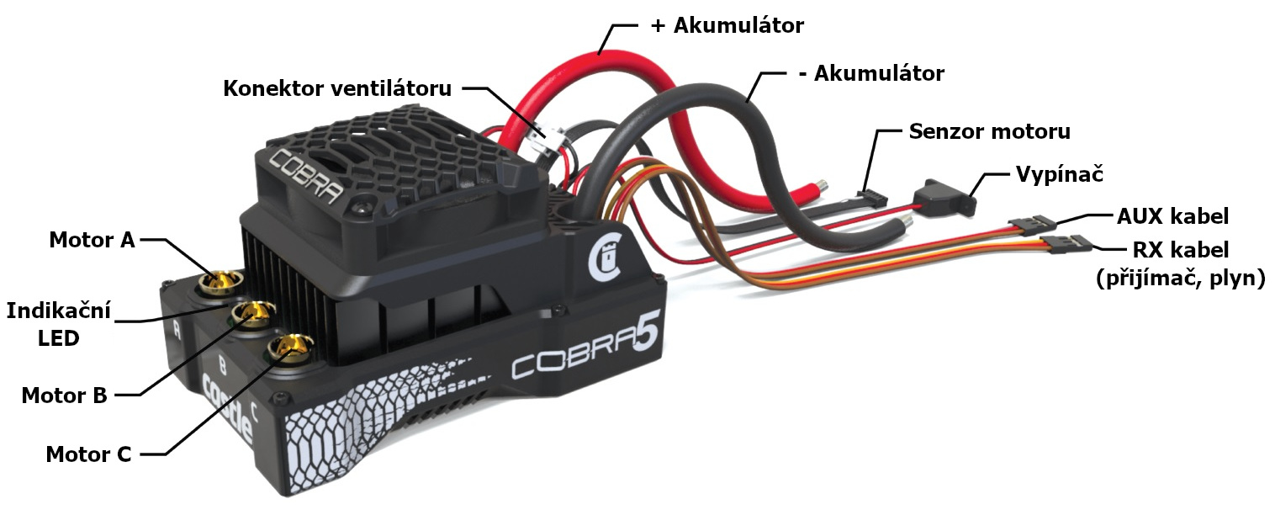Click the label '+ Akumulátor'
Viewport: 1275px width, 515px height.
[x=727, y=25]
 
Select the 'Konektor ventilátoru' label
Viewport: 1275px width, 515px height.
[x=337, y=88]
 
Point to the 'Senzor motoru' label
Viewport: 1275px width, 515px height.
[x=989, y=131]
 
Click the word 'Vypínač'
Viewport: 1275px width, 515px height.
[x=1059, y=174]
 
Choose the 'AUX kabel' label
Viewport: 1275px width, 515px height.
[x=1172, y=216]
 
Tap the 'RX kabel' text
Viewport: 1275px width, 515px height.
[x=1181, y=250]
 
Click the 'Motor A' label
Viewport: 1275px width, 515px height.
[x=92, y=241]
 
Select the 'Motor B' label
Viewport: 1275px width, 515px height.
[x=64, y=396]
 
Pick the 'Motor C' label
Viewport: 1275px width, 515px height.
[x=88, y=454]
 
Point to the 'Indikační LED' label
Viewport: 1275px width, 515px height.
[x=58, y=325]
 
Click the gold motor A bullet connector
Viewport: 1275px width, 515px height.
[x=220, y=281]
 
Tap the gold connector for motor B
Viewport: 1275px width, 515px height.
[x=254, y=313]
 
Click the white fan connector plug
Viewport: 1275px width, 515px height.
[x=542, y=138]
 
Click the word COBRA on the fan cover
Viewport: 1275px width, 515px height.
[x=305, y=176]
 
